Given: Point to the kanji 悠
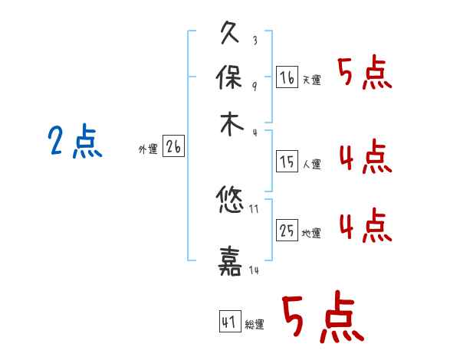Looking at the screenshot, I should (231, 202).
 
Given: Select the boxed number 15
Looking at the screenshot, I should (287, 162).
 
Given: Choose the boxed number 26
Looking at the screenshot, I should (173, 147).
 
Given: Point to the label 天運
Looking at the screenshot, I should (311, 80).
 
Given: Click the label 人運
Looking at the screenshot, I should (311, 164).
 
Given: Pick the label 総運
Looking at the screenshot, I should (255, 325).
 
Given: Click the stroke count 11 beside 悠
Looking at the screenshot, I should (255, 208).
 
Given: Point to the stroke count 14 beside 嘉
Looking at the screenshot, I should (255, 270).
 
